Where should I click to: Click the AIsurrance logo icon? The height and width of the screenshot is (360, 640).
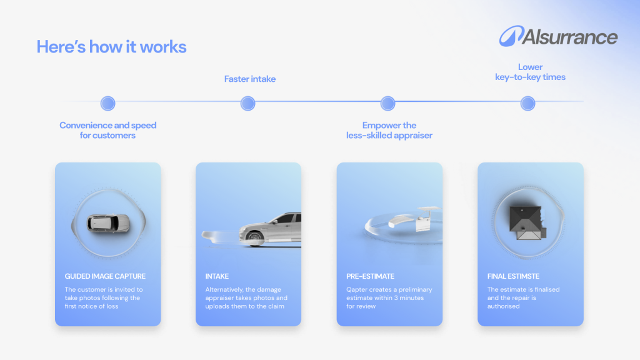coord(511,36)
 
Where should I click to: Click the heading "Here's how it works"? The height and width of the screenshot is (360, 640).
coord(111,46)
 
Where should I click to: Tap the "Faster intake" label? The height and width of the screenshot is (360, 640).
coord(250,79)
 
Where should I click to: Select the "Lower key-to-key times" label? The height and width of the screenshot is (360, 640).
coord(530,72)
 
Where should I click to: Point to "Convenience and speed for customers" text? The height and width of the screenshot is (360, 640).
coord(107,130)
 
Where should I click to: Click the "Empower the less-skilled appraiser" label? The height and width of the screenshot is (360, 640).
coord(389,130)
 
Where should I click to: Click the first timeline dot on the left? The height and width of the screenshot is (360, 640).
coord(107,103)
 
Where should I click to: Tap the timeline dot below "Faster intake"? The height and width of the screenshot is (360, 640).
coord(247,103)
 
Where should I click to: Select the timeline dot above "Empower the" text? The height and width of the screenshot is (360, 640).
coord(387,103)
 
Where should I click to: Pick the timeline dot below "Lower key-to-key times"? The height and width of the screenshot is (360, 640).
coord(527,103)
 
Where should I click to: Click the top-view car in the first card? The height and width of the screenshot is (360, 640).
coord(108,224)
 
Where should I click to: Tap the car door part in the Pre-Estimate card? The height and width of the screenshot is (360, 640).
coord(423,223)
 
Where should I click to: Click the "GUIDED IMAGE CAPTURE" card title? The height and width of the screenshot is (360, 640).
coord(105,276)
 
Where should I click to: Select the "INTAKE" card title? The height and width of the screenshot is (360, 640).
coord(217,276)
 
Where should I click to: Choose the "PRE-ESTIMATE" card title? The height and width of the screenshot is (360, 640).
coord(370,276)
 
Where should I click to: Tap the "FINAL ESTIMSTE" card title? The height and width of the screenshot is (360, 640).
coord(513,276)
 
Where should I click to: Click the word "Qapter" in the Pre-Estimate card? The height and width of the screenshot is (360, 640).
coord(357,290)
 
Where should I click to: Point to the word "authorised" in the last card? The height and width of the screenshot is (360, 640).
coord(503,306)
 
